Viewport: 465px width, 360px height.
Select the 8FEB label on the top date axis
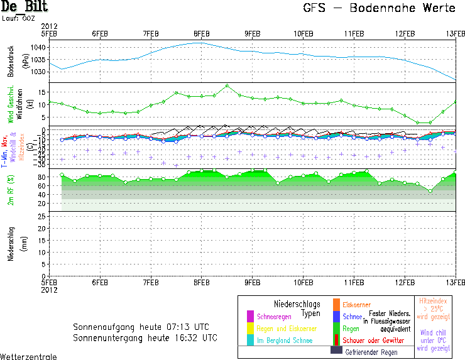point(202,33)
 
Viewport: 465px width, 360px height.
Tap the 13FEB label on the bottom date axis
point(455,283)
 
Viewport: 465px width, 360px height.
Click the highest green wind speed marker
point(227,85)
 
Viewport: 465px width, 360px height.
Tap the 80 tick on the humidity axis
point(39,177)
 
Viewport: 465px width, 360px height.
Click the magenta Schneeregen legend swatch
point(249,316)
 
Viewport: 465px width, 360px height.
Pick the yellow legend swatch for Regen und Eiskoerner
point(249,328)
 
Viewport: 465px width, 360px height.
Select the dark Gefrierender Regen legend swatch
point(336,351)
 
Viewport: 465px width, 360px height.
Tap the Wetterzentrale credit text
point(28,356)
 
